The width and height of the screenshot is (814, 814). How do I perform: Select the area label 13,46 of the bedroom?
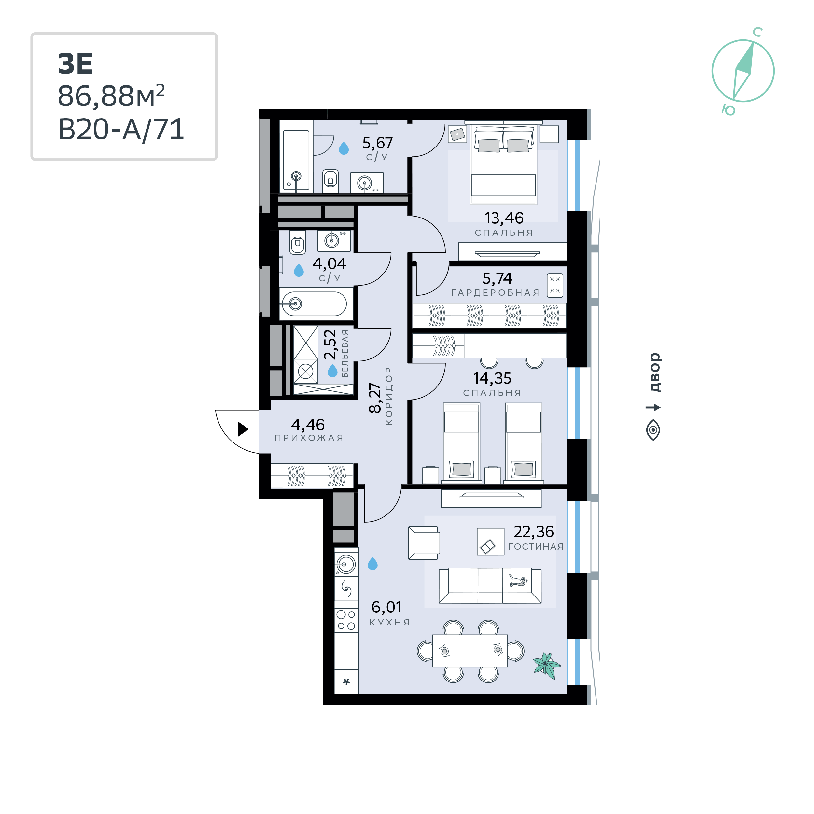(x=504, y=218)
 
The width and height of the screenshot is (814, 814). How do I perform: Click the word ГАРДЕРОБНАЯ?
(x=496, y=293)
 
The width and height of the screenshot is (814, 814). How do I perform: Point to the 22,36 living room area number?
(x=534, y=532)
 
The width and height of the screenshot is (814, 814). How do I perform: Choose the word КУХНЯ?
(x=390, y=622)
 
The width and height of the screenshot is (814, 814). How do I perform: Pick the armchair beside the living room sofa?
(x=424, y=543)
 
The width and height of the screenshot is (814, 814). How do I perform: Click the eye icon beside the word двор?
(x=653, y=430)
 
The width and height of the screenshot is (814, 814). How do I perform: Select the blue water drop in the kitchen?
(x=373, y=564)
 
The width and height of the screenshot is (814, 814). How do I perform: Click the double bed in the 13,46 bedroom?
(x=503, y=164)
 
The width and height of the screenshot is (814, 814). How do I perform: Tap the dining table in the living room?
(x=470, y=651)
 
